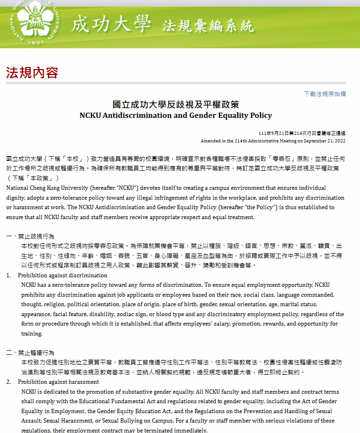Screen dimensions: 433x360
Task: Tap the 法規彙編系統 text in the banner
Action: [208, 26]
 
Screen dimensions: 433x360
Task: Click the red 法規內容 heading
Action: [32, 72]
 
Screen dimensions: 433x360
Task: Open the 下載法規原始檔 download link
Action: [325, 94]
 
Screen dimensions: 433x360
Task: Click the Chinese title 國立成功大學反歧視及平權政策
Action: [176, 105]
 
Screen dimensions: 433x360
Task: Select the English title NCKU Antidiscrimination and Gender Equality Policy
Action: [176, 115]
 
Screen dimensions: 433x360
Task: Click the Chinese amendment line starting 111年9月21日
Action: [302, 133]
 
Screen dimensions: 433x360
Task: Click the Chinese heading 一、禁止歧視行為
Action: [30, 236]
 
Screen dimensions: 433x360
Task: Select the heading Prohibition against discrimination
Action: [62, 275]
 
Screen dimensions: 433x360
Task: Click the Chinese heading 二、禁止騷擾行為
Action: [30, 353]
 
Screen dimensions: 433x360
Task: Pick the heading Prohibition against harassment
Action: [58, 381]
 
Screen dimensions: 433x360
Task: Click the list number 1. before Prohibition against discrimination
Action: [9, 275]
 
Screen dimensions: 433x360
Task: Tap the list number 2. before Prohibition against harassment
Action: [9, 381]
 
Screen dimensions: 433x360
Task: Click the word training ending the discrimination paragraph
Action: [32, 334]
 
